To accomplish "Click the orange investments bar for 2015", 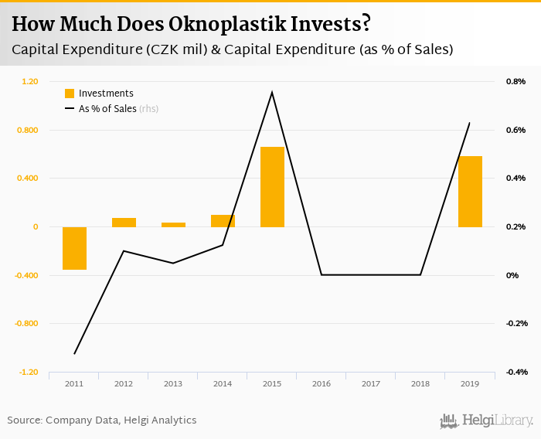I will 272,186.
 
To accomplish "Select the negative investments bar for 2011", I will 74,248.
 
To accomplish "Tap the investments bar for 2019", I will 470,191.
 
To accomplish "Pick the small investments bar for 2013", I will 173,225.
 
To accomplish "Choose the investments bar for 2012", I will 124,223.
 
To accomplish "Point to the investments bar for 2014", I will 223,221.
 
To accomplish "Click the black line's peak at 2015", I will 272,92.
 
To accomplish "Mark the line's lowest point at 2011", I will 75,354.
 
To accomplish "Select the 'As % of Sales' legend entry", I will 107,109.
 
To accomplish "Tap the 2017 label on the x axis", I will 371,383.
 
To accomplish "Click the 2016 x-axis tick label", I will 322,383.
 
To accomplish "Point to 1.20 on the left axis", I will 29,81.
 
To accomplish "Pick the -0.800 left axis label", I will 26,324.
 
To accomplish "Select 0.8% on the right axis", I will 515,81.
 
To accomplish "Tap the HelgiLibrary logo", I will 487,420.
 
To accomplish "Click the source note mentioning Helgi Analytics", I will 102,420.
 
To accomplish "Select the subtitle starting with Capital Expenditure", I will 232,49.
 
